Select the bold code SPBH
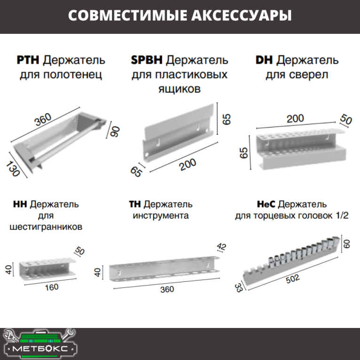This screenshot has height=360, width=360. click(147, 60)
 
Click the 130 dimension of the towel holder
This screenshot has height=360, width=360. click(14, 168)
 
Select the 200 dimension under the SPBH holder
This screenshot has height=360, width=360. click(187, 165)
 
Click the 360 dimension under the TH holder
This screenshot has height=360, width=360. click(165, 289)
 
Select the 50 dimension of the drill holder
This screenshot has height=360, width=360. click(346, 120)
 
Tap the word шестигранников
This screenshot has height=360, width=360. click(46, 227)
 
